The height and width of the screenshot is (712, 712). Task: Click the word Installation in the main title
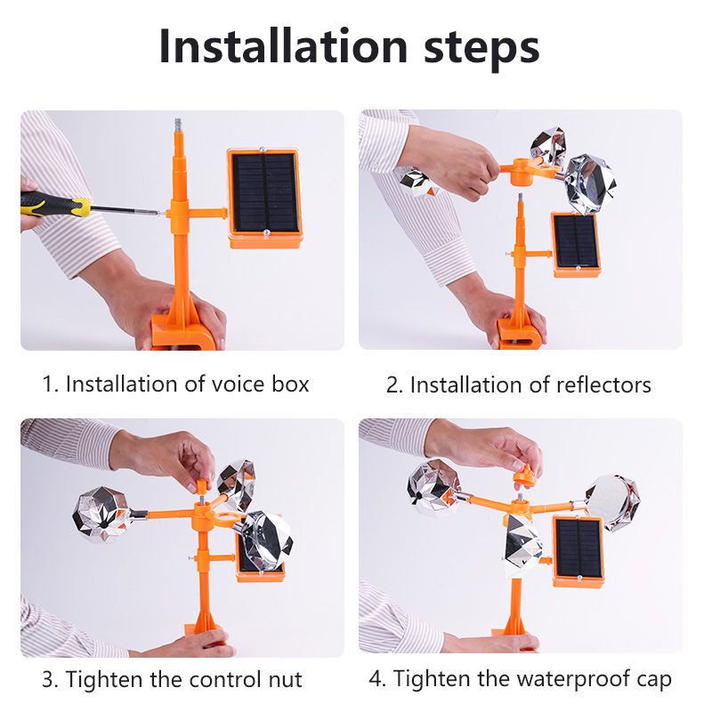[283, 46]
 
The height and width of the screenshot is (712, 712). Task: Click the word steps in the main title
[481, 49]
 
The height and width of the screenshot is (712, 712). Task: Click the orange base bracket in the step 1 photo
[182, 330]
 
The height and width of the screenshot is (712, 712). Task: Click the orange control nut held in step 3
[202, 487]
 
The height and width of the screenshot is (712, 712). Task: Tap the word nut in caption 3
[285, 680]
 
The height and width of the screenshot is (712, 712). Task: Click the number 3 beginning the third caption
[47, 680]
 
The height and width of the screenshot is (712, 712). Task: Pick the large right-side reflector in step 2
[588, 182]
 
